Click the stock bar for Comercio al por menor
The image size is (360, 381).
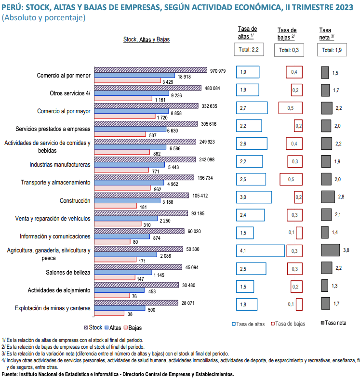click(x=150, y=70)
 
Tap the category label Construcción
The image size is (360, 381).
click(x=75, y=200)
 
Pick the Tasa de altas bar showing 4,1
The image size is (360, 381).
click(x=260, y=250)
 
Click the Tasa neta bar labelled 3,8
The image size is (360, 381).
click(x=331, y=250)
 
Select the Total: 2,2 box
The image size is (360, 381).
click(x=249, y=50)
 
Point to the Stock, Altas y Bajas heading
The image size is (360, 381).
click(x=147, y=40)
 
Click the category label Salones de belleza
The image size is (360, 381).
click(x=67, y=272)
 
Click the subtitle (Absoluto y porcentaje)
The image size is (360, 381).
click(x=44, y=17)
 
